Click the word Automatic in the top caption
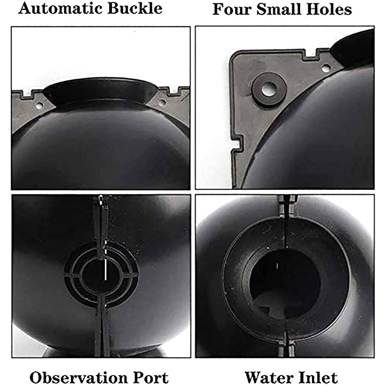(x=60, y=9)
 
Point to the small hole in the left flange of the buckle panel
(x=39, y=106)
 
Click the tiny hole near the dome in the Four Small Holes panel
(x=326, y=67)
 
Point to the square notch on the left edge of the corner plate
(x=237, y=143)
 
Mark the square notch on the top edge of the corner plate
(x=311, y=54)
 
